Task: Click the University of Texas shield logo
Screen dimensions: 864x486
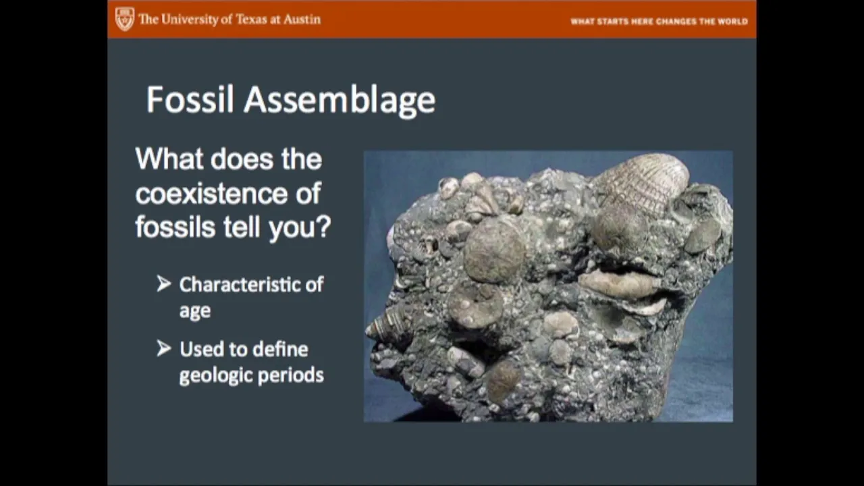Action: (125, 19)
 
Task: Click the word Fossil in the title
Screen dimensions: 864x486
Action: (190, 99)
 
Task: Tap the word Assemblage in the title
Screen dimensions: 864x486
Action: (340, 101)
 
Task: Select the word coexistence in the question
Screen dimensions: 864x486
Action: (211, 193)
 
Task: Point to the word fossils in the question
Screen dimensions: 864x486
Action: (175, 227)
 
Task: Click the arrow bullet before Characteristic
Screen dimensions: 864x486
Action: (164, 283)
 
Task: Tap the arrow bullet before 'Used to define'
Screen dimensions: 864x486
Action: (164, 348)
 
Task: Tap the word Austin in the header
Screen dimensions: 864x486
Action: (302, 19)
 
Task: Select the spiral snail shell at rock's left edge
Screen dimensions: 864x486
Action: (385, 327)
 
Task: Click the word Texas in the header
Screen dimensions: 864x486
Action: (251, 19)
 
